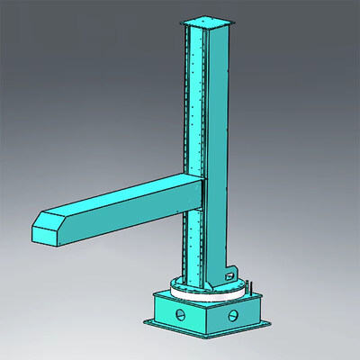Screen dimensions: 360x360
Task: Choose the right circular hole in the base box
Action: tap(234, 315)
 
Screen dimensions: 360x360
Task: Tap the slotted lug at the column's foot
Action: tap(230, 270)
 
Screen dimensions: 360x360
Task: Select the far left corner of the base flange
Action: tap(143, 320)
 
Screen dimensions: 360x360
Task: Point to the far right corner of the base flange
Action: tap(266, 320)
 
